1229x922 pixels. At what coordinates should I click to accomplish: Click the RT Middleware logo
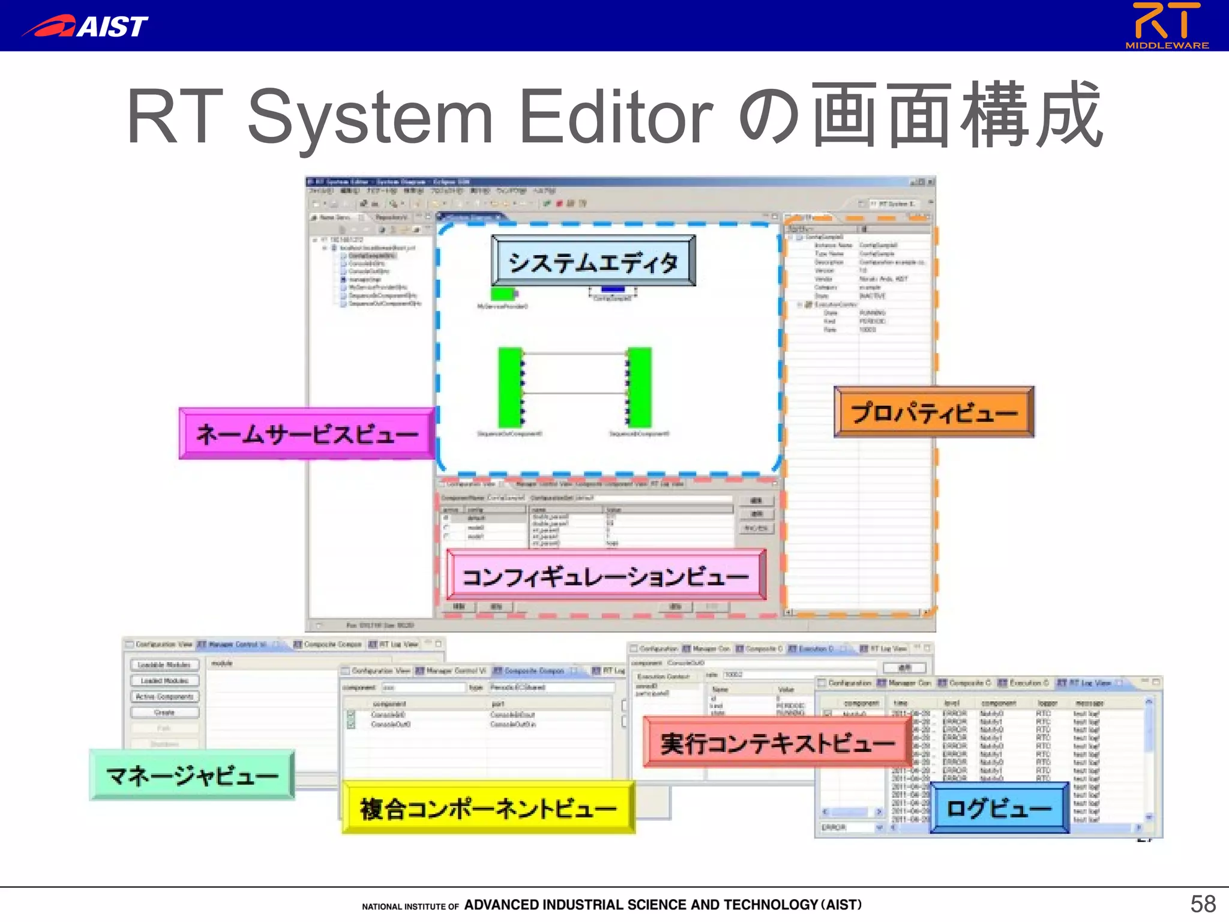point(1167,25)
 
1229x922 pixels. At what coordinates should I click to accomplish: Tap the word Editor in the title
point(616,116)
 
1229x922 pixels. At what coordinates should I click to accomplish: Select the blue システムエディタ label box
point(593,261)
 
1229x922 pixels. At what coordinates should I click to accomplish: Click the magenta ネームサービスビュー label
point(307,433)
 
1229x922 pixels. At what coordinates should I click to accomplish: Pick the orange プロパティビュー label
point(934,412)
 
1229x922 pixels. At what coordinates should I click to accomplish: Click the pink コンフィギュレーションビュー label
point(605,575)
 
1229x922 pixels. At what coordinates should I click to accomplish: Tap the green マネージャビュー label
point(192,775)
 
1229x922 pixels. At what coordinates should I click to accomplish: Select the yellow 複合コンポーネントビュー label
point(488,807)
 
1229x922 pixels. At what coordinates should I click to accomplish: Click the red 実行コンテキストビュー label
point(777,742)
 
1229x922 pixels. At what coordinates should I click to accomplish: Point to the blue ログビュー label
point(999,807)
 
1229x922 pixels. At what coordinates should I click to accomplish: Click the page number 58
point(1203,903)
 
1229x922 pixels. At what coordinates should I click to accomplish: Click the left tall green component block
point(510,387)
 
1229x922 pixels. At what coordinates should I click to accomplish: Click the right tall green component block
point(640,387)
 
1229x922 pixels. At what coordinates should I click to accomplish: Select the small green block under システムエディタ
point(503,294)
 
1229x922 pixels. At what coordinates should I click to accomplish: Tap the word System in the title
point(370,116)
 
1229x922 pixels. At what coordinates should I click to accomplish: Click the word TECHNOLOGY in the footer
point(771,905)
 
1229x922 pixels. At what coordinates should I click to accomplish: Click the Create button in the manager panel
point(164,713)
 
